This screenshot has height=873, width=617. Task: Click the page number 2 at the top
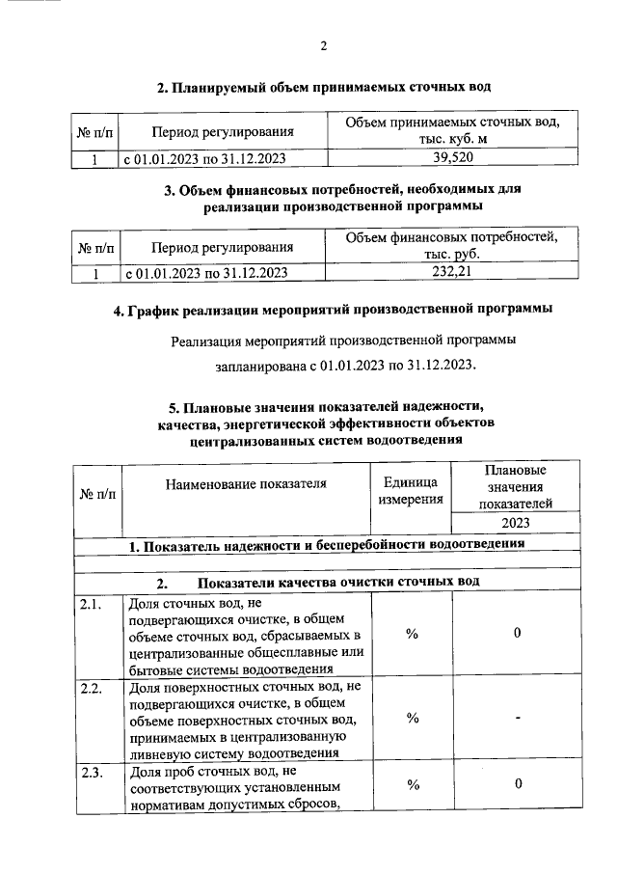click(x=325, y=46)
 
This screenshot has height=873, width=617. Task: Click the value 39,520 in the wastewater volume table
click(x=452, y=157)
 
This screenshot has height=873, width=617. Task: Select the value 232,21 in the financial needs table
click(x=452, y=273)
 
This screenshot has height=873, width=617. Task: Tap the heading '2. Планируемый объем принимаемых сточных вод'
click(x=325, y=88)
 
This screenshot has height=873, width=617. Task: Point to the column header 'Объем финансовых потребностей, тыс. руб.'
click(x=452, y=246)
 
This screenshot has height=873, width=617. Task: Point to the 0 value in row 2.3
click(x=518, y=785)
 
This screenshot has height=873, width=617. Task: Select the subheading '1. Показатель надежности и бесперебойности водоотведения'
click(x=327, y=545)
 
